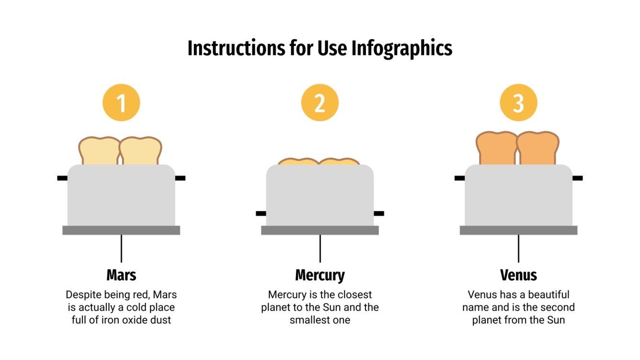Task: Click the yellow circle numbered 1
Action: point(121,102)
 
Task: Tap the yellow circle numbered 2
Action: point(320,102)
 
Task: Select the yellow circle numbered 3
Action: point(518,102)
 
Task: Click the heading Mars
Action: point(121,275)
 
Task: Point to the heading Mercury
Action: point(320,275)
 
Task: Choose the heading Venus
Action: point(518,275)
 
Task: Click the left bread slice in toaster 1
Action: point(100,151)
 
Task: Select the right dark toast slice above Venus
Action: point(538,148)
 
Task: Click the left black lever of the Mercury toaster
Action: point(261,213)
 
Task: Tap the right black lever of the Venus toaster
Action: point(577,178)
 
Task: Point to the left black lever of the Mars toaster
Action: point(62,178)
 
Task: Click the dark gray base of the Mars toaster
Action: point(121,230)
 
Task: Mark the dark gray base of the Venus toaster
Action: point(518,230)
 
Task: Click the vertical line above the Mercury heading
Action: point(320,248)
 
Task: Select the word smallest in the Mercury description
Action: point(310,320)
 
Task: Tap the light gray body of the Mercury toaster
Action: point(320,196)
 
